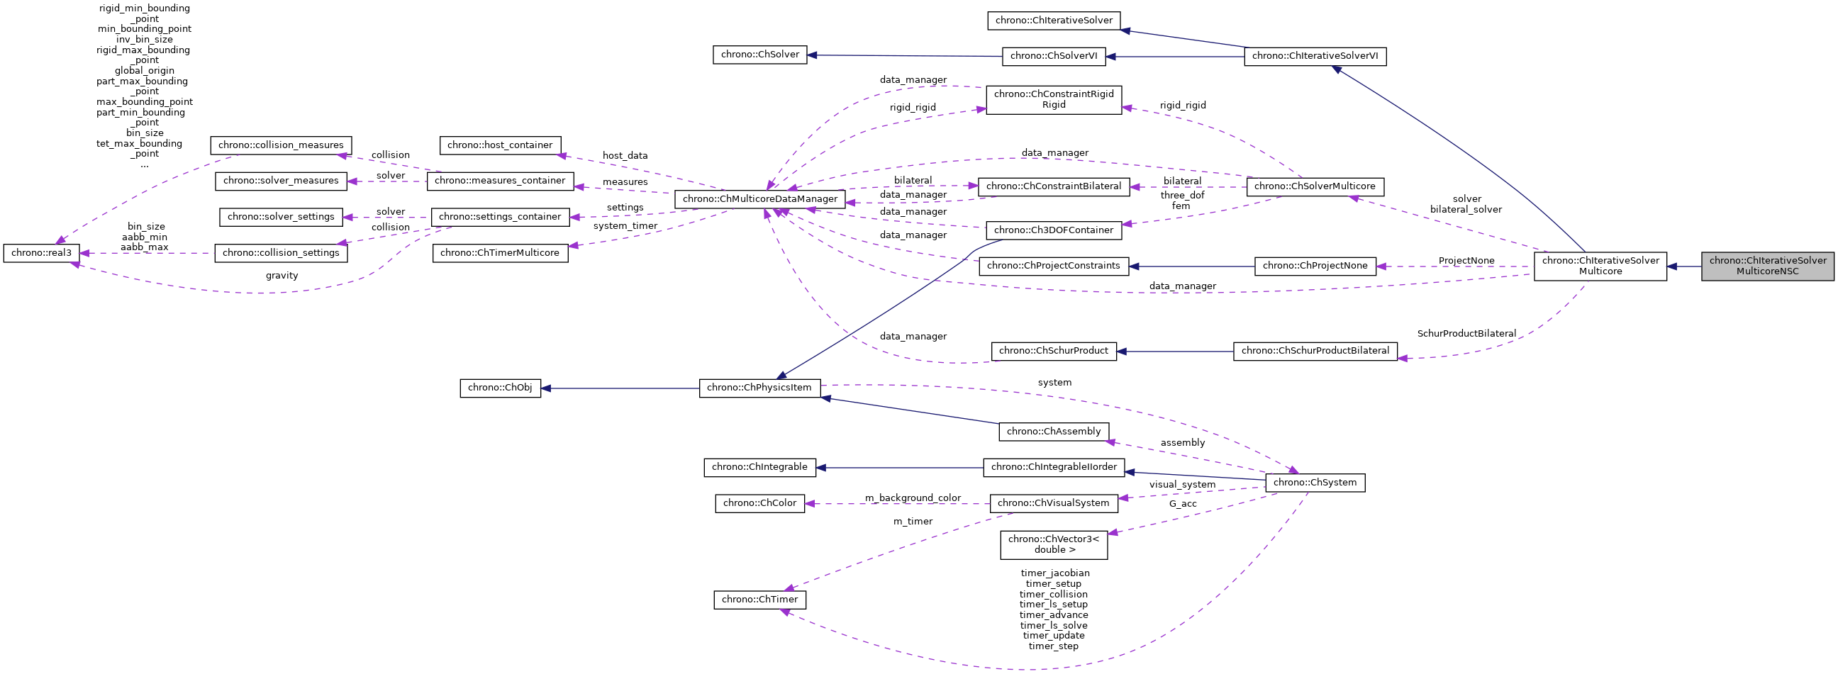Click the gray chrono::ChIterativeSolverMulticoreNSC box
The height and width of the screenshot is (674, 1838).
[1766, 266]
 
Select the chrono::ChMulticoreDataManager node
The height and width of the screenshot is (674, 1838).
[760, 199]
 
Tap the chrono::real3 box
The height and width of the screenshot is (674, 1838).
[41, 253]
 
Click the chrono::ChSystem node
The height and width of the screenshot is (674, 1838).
[1314, 483]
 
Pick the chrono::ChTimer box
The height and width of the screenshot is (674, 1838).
[759, 600]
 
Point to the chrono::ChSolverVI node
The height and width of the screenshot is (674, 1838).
[1053, 57]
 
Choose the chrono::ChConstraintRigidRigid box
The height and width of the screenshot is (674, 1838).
[1053, 100]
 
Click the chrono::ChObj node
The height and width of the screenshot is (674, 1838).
[500, 388]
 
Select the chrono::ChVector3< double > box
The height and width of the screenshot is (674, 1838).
[1053, 545]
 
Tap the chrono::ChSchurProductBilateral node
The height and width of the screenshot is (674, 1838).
[1314, 351]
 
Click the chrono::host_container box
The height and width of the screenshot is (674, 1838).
[500, 145]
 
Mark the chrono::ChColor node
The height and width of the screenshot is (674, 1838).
[759, 503]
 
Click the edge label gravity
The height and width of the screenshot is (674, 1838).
[282, 276]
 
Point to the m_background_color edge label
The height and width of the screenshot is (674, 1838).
[913, 498]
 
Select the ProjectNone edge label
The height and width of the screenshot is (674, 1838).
[1466, 261]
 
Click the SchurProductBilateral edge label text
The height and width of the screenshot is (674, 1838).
[1466, 334]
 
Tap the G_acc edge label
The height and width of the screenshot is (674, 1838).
[1182, 504]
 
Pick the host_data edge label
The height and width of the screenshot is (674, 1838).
[625, 155]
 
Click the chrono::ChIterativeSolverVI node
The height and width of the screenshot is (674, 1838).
[1314, 57]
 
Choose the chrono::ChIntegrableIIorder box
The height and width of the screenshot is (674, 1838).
[1053, 468]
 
